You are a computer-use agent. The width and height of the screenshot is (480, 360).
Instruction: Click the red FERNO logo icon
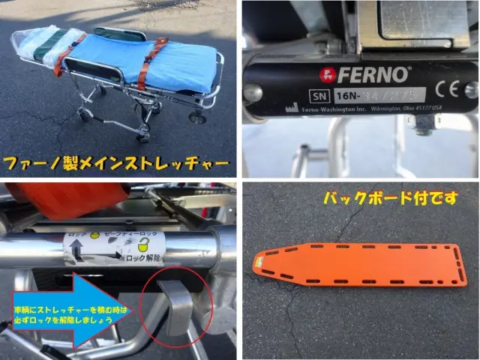pyautogui.click(x=326, y=74)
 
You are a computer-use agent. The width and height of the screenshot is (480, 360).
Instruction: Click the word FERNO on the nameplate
pyautogui.click(x=373, y=74)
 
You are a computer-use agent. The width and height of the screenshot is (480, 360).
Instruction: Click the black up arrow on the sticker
pyautogui.click(x=78, y=253)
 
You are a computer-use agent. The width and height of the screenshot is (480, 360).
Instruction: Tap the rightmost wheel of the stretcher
pyautogui.click(x=198, y=117)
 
